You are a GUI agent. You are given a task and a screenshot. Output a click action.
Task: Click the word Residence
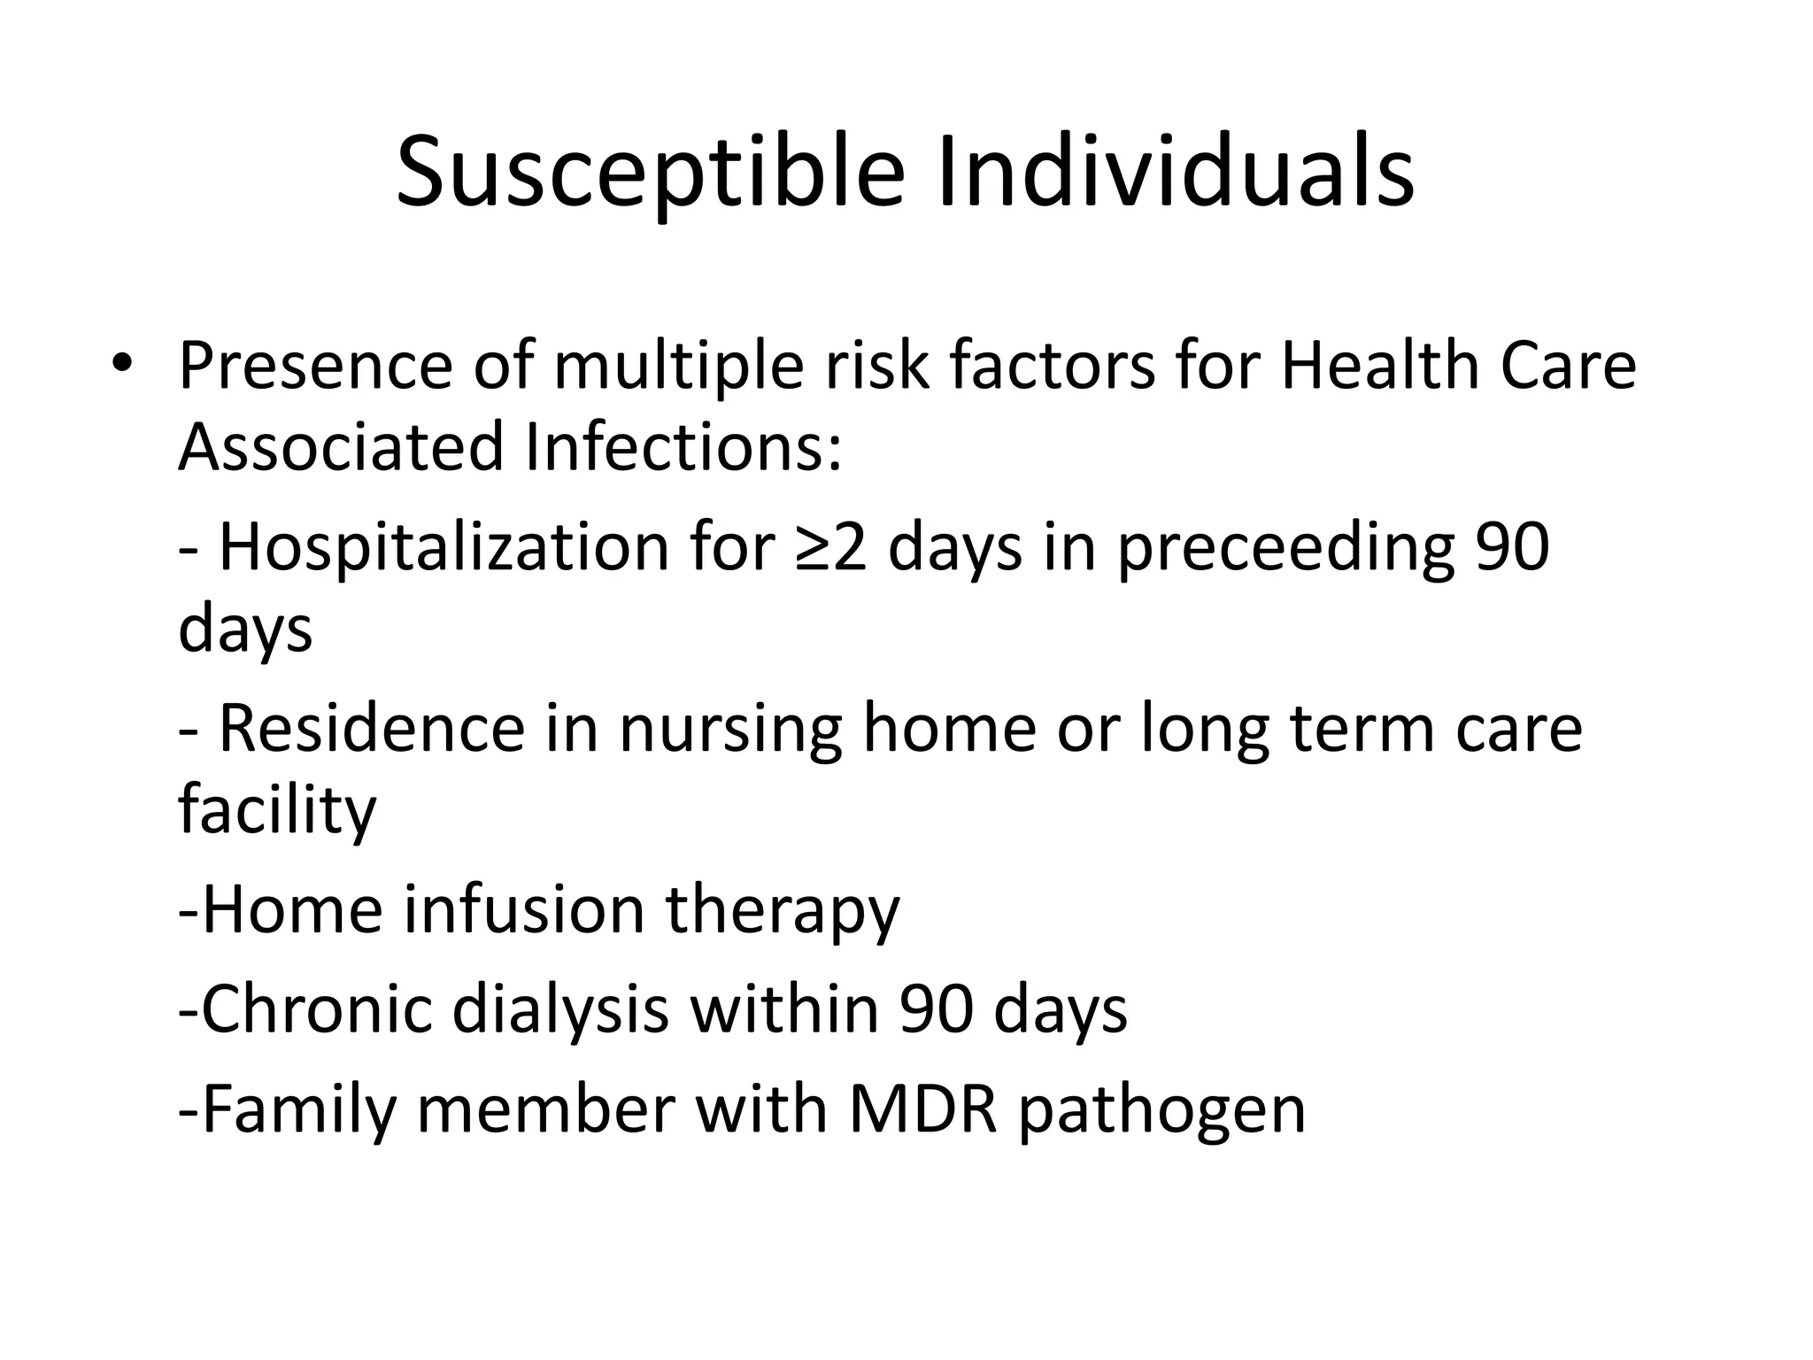pos(371,728)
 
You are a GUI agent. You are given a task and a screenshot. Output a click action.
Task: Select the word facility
pos(277,810)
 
